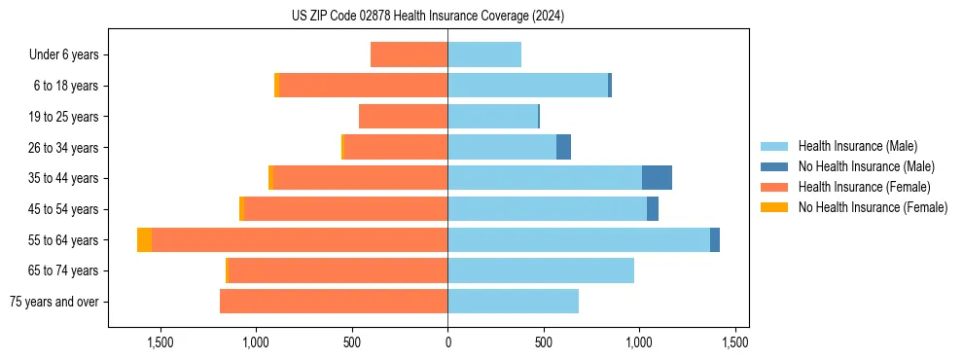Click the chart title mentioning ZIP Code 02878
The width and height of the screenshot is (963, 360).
(427, 17)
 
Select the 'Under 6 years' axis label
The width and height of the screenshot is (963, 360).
(64, 55)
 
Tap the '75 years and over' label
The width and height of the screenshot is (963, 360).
(54, 302)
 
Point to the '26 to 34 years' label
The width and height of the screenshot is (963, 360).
(64, 148)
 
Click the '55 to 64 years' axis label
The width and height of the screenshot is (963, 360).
(64, 240)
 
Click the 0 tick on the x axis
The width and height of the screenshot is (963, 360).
(447, 342)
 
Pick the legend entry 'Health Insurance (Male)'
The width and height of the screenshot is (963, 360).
(857, 147)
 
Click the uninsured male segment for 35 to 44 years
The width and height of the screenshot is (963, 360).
(657, 178)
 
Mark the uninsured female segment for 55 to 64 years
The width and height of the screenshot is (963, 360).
(144, 240)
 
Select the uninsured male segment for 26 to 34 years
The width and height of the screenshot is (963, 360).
(563, 148)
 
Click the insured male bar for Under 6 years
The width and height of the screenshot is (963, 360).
(484, 55)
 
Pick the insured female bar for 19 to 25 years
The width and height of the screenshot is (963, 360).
(403, 117)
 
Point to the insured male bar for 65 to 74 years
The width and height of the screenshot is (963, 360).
(541, 270)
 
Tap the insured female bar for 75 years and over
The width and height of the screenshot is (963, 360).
(334, 302)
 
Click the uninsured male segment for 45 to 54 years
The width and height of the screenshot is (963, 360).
(653, 209)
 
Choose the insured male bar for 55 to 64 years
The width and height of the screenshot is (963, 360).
(579, 240)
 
